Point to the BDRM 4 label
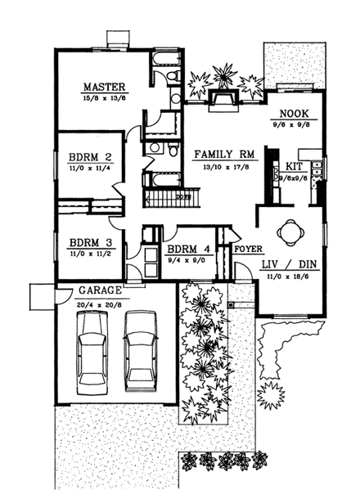click(188, 250)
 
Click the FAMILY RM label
click(217, 153)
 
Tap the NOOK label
click(292, 114)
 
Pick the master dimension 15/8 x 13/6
click(102, 97)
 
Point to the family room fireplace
click(223, 99)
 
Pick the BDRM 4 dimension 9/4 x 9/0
click(188, 262)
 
